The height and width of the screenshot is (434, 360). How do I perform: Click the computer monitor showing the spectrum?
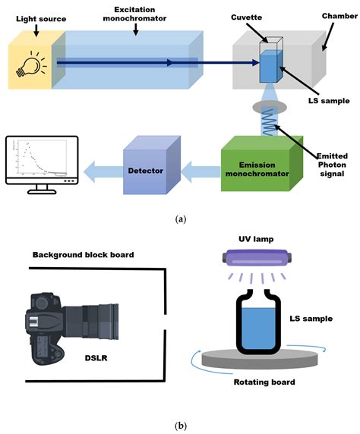click(x=41, y=163)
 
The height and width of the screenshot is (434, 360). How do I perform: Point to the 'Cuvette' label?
click(x=266, y=15)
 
